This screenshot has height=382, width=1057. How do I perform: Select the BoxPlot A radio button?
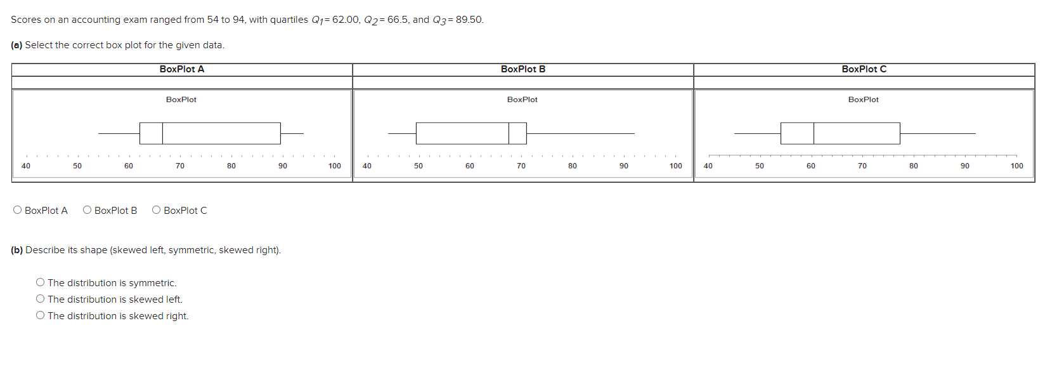[18, 210]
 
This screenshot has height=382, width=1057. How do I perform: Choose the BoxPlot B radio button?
[88, 210]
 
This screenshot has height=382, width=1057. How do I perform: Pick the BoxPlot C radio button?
[157, 210]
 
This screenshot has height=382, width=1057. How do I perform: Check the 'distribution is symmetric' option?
[41, 282]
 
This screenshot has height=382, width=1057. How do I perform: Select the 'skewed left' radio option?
[41, 299]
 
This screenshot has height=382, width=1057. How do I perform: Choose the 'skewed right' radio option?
[41, 315]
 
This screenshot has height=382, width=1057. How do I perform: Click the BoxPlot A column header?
[182, 69]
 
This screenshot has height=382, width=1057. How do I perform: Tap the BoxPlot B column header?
[522, 69]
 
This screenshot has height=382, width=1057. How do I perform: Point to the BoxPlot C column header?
[864, 69]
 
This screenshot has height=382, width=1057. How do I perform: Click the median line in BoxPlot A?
[162, 133]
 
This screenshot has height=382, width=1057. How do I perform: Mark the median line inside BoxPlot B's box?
[509, 133]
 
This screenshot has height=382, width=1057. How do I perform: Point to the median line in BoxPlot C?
[814, 133]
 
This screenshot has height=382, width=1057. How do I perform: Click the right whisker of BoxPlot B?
[580, 133]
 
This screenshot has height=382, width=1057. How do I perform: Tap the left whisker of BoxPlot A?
[119, 133]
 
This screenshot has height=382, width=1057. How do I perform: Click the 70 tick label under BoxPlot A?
[180, 166]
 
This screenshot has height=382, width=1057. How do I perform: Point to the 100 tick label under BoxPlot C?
[1016, 166]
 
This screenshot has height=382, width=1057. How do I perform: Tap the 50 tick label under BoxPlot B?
[418, 166]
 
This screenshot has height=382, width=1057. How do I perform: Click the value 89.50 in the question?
[469, 20]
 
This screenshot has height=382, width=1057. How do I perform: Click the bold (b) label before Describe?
[16, 250]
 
